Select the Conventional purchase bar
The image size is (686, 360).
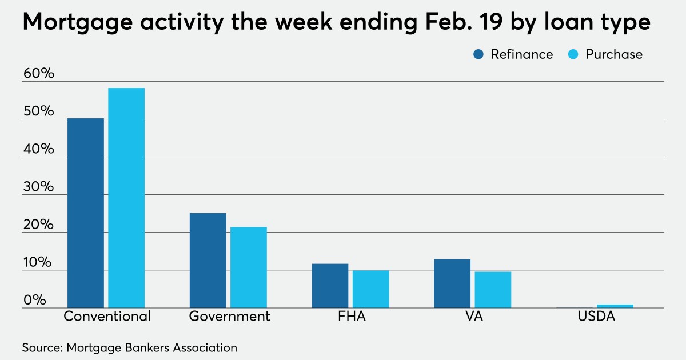[x=126, y=198]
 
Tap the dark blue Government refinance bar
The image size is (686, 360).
[x=208, y=260]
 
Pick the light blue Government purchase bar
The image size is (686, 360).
[x=249, y=267]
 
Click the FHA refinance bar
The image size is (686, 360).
[x=330, y=286]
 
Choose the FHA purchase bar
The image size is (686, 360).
[x=370, y=289]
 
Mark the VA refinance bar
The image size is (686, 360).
[x=452, y=283]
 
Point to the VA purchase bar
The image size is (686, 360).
[x=493, y=289]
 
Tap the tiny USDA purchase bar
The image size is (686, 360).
[x=615, y=306]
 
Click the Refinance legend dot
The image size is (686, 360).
[x=479, y=54]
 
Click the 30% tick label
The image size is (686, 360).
[x=38, y=187]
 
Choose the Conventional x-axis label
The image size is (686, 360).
[x=107, y=317]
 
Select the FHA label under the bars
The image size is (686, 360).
[x=350, y=317]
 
